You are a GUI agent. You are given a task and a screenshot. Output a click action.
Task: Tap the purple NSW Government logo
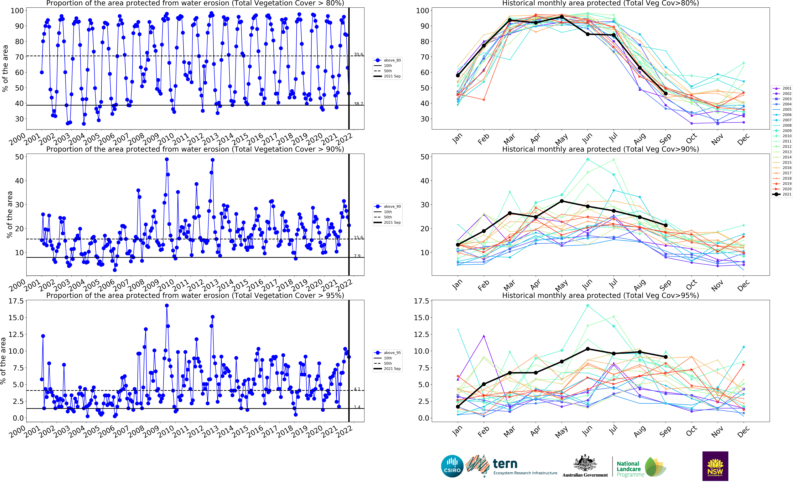tap(715, 466)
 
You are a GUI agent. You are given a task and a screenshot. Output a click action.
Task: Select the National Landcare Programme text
tap(628, 469)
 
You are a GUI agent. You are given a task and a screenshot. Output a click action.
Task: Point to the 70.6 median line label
tap(358, 54)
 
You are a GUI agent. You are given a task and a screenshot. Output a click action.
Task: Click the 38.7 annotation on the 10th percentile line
tap(358, 104)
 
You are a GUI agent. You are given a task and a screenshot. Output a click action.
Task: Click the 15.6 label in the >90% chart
tap(358, 238)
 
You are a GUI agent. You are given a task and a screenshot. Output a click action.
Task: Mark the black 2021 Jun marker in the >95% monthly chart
tap(588, 349)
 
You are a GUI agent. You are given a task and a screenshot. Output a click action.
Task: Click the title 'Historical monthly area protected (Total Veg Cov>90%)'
tap(600, 149)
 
